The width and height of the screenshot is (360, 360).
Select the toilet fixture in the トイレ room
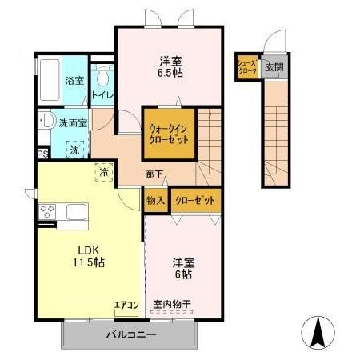pos(102,79)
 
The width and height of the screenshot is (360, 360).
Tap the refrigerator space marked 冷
pos(103,170)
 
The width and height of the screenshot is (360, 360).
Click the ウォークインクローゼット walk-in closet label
pos(169,132)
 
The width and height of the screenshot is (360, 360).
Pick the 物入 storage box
pos(156,201)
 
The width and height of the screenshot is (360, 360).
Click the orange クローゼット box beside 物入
pos(194,201)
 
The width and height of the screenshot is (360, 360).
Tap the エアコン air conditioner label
pos(126,304)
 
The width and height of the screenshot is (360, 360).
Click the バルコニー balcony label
pos(130,333)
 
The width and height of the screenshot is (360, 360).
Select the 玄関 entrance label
pos(274,67)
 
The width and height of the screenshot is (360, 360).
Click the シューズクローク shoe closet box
pos(246,67)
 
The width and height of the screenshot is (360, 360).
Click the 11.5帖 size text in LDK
pos(88,263)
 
